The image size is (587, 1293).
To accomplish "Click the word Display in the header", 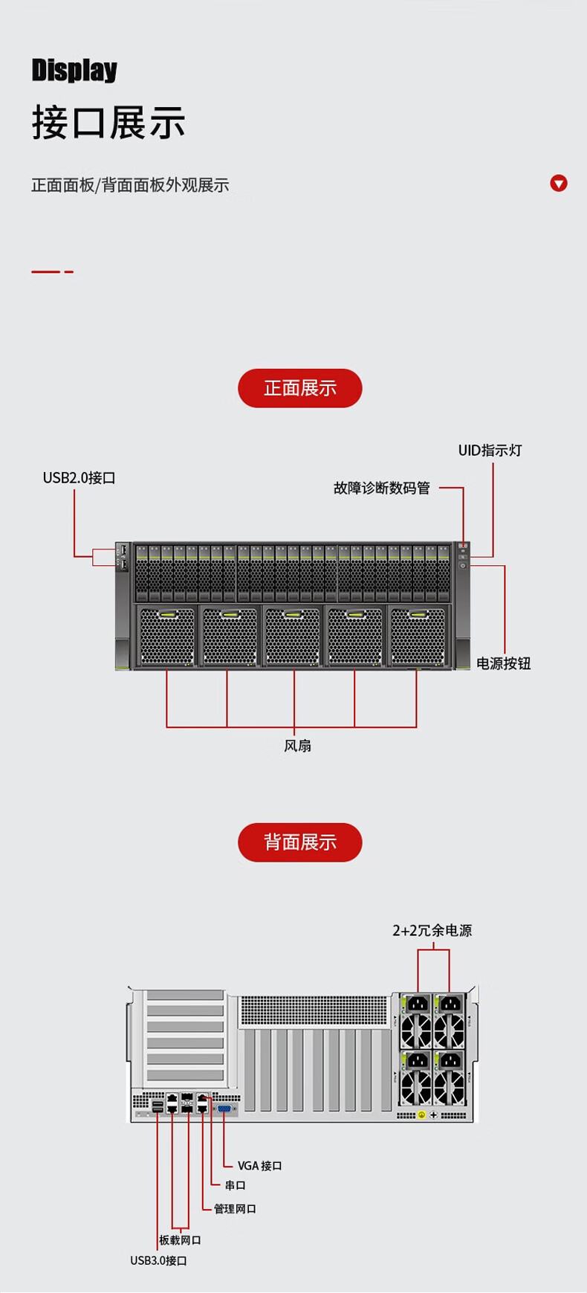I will coord(74,70).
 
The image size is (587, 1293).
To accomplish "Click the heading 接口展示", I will coord(108,123).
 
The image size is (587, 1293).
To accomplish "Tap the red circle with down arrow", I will coord(559,183).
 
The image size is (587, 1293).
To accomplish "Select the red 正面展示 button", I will coord(299,388).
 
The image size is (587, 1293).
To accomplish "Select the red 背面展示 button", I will coord(299,842).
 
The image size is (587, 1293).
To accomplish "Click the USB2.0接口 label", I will coord(79,478).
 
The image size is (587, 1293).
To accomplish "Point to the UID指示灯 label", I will coord(490,451).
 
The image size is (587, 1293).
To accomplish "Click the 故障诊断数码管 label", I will coord(381,488).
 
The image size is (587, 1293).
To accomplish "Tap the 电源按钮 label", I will coord(503,663).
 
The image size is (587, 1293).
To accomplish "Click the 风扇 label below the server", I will coord(297,745).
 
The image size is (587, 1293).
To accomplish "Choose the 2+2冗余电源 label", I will coord(432,930).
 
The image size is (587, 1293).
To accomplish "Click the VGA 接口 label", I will coord(259,1166).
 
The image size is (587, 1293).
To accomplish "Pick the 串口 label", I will coord(235,1185).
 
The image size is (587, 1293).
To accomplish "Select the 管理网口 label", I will coord(235,1209).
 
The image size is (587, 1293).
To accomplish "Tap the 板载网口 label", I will coord(180,1240).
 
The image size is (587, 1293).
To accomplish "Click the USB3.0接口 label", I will coord(158,1260).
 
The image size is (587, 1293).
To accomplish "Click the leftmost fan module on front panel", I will coord(166,637).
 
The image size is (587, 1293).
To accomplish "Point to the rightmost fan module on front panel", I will coord(418,637).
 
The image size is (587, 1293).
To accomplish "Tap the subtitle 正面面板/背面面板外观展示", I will coord(130,185).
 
